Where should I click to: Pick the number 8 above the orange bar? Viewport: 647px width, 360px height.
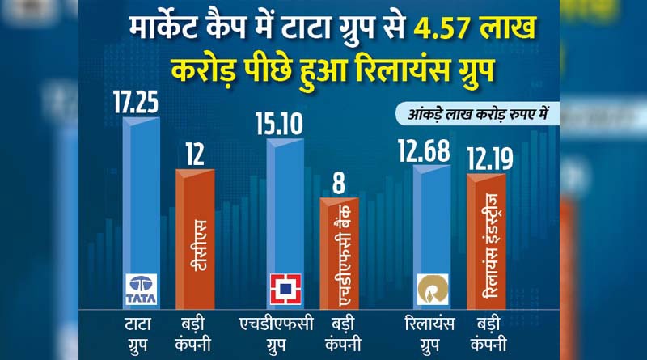[x=340, y=181]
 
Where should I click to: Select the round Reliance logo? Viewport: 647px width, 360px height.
[x=431, y=288]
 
